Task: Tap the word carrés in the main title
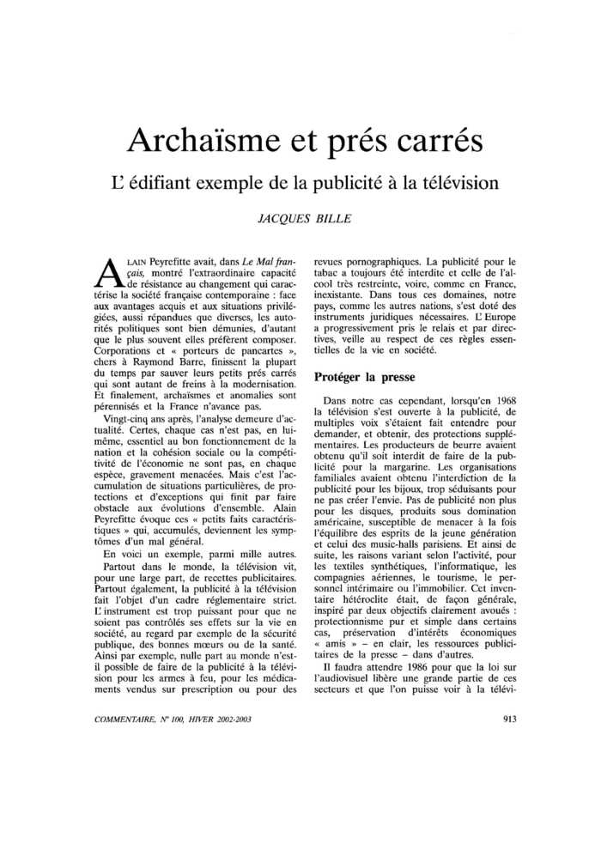425,141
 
